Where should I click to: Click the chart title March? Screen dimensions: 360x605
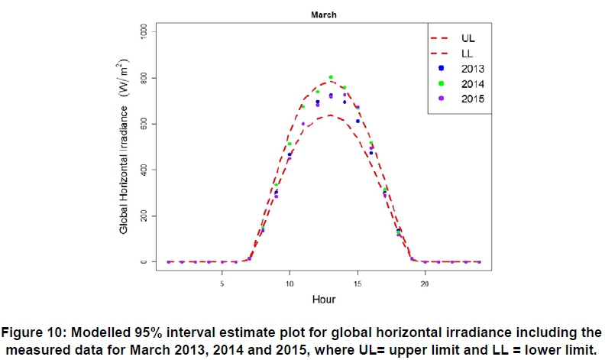(x=322, y=15)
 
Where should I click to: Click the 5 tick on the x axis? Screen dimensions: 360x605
(x=222, y=282)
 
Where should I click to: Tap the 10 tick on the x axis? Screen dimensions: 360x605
(x=290, y=282)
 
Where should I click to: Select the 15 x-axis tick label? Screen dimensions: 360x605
(x=357, y=282)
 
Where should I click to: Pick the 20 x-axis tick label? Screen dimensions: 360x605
(x=425, y=282)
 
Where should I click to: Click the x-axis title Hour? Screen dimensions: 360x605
(x=323, y=299)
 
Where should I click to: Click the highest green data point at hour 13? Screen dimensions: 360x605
(x=331, y=77)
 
